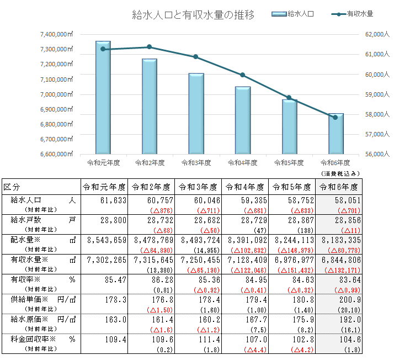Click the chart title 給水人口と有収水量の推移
(194, 15)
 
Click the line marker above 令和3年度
(196, 57)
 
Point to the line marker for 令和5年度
(289, 98)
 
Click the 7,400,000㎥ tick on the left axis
(57, 34)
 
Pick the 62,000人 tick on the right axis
(377, 34)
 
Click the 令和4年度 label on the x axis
(242, 163)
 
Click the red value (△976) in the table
(157, 210)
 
